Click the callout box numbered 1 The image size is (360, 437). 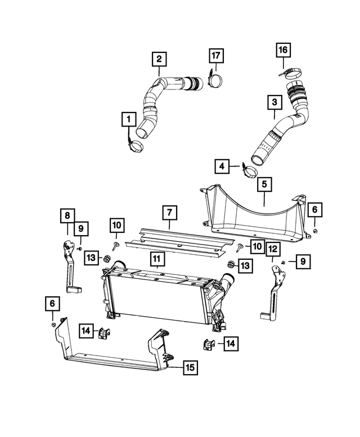point(129,119)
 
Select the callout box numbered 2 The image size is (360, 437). point(159,58)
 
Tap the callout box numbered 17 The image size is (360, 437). point(216,56)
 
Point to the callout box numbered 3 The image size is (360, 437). point(274,103)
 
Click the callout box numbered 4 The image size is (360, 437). point(222,166)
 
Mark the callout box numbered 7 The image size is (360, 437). point(169,213)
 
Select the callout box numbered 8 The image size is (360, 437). point(67,215)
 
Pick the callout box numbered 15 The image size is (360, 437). point(190,368)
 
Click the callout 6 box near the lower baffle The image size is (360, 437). point(52,304)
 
